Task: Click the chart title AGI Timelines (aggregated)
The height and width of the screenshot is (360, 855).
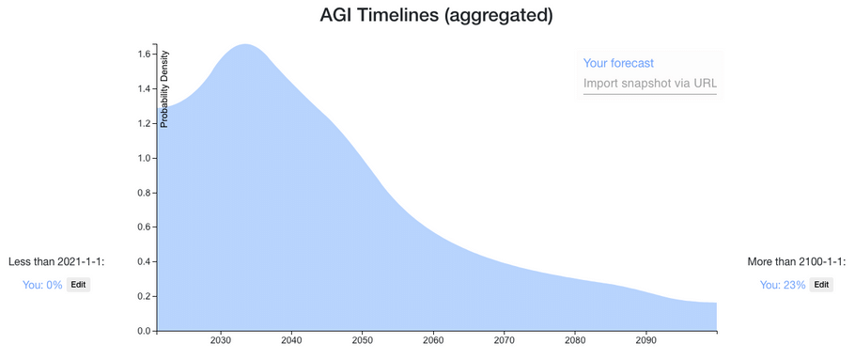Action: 436,15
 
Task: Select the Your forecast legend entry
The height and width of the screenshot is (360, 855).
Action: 618,63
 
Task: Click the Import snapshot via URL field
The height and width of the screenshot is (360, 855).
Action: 650,84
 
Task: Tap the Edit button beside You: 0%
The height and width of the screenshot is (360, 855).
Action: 79,284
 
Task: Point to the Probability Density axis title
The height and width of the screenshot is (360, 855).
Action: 164,89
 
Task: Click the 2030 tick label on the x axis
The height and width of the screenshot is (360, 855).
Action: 220,341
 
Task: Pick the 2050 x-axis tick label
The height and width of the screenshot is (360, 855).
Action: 362,341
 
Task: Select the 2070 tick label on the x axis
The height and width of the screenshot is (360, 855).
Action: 504,341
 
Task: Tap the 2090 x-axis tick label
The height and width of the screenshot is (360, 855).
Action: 645,341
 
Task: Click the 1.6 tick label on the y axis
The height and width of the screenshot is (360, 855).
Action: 144,54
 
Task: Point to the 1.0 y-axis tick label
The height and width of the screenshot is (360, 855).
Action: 144,158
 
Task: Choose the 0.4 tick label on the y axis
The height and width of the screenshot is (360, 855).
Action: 144,262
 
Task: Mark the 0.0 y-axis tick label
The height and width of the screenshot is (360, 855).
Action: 144,331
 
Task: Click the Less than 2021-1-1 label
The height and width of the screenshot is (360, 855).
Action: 56,262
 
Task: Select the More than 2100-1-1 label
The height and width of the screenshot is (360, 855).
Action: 797,262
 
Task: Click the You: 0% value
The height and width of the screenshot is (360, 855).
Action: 42,285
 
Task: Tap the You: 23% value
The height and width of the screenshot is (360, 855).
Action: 783,285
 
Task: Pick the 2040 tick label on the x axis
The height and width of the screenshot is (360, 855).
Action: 291,341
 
